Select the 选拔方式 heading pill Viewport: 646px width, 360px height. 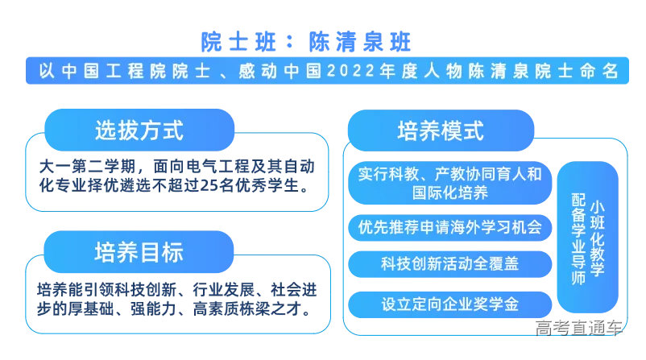pos(139,130)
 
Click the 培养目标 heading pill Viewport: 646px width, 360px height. pos(139,251)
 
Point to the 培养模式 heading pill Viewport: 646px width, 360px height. pos(441,130)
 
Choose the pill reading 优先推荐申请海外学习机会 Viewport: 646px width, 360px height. pos(449,227)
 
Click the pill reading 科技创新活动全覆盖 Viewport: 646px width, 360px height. pos(449,264)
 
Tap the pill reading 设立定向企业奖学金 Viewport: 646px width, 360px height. pos(449,304)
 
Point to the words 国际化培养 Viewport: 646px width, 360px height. pos(449,192)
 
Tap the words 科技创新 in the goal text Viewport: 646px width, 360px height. pos(151,288)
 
